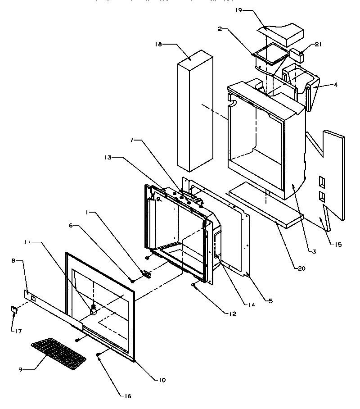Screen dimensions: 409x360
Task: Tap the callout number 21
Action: click(x=318, y=45)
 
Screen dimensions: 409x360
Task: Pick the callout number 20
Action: click(x=301, y=268)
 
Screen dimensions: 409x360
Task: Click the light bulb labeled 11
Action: click(x=94, y=309)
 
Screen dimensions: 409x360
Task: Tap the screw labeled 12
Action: click(x=194, y=285)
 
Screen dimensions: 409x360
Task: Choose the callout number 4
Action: click(x=335, y=84)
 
